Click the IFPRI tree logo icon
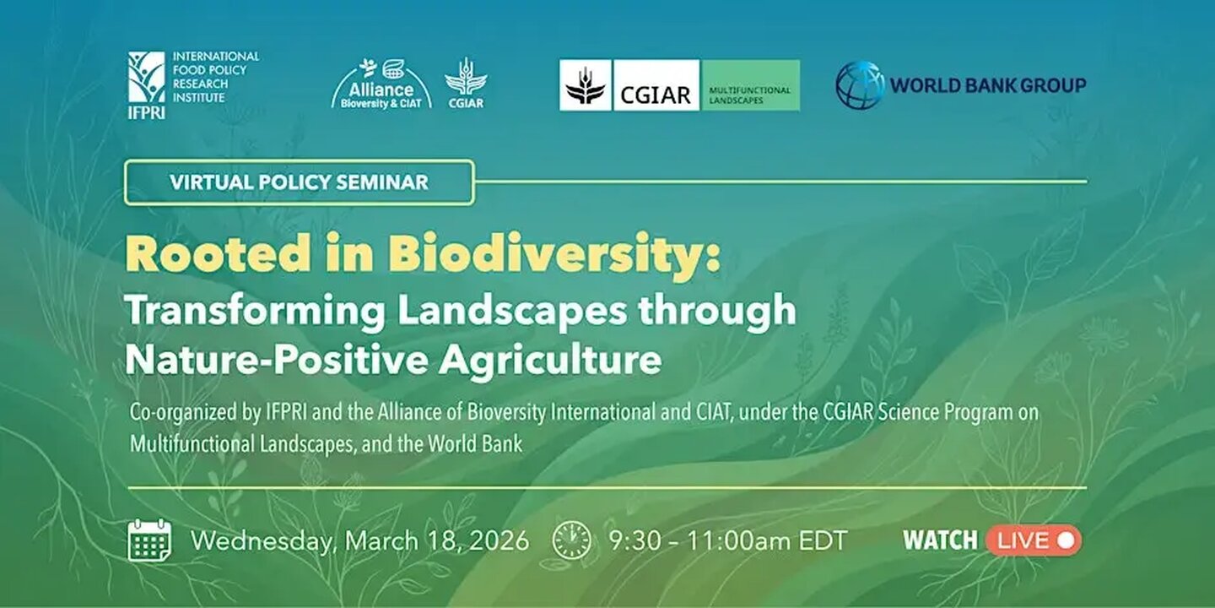coord(147,77)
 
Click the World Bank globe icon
coord(860,85)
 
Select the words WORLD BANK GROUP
coord(988,85)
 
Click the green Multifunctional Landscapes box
coord(751,85)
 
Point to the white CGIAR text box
coord(656,85)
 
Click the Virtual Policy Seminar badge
coord(300,182)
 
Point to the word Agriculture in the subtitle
coord(550,361)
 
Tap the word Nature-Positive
coord(277,359)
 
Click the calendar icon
coord(149,540)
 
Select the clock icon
coord(572,540)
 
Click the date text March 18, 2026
coord(437,541)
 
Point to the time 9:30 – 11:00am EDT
coord(728,540)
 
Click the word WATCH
coord(941,540)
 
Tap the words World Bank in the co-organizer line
coord(475,444)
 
